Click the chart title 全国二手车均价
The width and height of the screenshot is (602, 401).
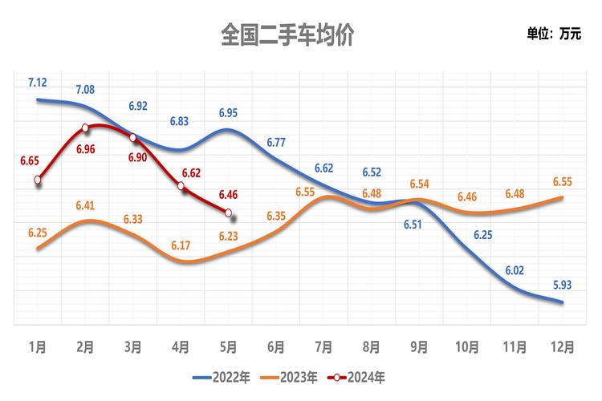pyautogui.click(x=287, y=35)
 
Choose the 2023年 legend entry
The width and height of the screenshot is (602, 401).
pyautogui.click(x=295, y=376)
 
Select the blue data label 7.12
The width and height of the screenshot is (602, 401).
pyautogui.click(x=38, y=83)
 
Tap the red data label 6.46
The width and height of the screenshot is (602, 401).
pyautogui.click(x=229, y=193)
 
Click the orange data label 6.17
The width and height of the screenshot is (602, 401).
pyautogui.click(x=181, y=245)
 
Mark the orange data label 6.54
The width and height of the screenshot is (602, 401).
pyautogui.click(x=420, y=184)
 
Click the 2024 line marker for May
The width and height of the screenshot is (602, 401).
pyautogui.click(x=229, y=213)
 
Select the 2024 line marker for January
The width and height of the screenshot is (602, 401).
pyautogui.click(x=38, y=180)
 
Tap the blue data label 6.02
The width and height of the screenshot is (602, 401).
pyautogui.click(x=515, y=271)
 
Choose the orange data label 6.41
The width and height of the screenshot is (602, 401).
pyautogui.click(x=86, y=205)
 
